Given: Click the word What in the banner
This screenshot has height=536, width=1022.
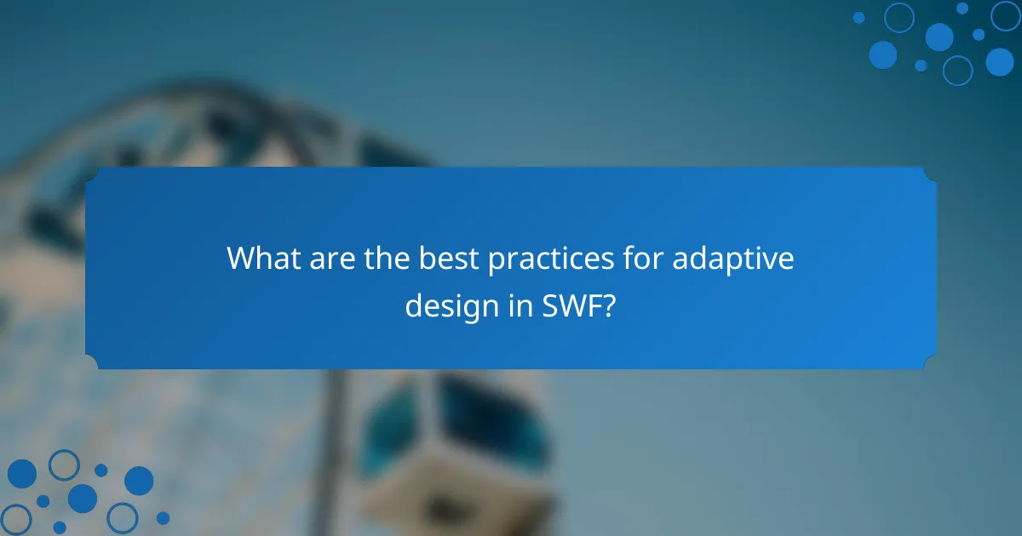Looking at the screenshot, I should (259, 259).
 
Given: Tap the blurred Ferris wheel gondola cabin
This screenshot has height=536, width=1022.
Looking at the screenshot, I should (451, 442).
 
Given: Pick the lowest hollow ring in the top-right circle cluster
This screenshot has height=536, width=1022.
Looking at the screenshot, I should (957, 70).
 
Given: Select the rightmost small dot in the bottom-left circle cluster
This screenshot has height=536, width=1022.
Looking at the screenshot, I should (163, 517).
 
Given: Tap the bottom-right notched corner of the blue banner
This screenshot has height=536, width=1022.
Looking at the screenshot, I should (930, 363).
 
